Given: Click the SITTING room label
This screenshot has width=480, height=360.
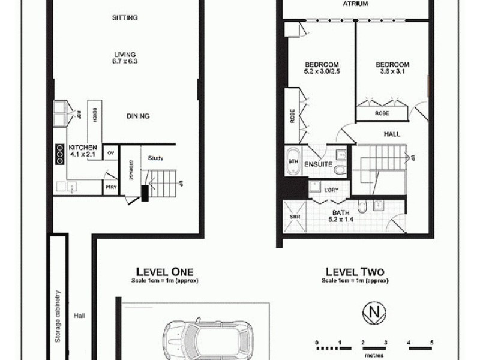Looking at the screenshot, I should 125,18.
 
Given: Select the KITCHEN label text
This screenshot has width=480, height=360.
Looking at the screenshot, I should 83,147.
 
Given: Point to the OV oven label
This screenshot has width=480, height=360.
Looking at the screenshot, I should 111,153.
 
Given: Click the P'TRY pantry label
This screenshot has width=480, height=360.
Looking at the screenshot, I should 110,188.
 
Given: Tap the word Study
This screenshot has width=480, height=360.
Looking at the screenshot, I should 155,158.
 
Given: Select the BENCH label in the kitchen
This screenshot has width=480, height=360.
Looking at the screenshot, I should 94,115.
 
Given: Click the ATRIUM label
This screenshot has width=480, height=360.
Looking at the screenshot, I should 355,4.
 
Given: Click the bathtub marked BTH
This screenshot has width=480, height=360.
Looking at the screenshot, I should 293,162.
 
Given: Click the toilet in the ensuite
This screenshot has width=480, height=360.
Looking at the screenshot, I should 340,170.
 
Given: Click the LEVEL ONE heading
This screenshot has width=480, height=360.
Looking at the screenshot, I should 164,271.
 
